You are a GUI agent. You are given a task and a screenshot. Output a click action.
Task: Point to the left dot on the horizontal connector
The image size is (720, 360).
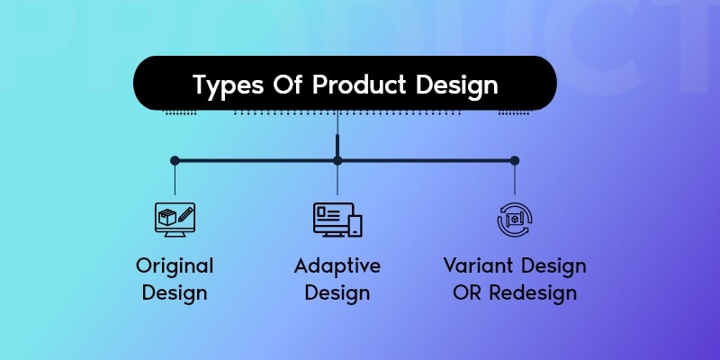tap(175, 161)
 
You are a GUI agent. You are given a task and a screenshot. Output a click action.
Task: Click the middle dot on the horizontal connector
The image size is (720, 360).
tap(337, 161)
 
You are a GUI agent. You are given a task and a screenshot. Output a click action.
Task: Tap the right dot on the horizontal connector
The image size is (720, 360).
tap(515, 161)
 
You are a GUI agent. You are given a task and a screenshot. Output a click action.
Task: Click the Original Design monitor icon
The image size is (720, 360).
tap(175, 219)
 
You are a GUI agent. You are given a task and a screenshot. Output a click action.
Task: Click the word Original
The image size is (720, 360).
tap(175, 266)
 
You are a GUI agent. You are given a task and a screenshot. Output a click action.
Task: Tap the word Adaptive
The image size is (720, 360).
tap(337, 266)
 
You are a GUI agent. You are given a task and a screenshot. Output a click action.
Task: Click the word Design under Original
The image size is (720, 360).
tap(175, 293)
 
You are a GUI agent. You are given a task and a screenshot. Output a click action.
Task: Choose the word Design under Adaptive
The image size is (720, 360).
tap(337, 293)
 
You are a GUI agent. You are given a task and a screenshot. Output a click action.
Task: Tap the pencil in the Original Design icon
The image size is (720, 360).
tap(185, 215)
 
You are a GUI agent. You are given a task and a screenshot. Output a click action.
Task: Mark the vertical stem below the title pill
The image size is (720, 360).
tap(337, 144)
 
